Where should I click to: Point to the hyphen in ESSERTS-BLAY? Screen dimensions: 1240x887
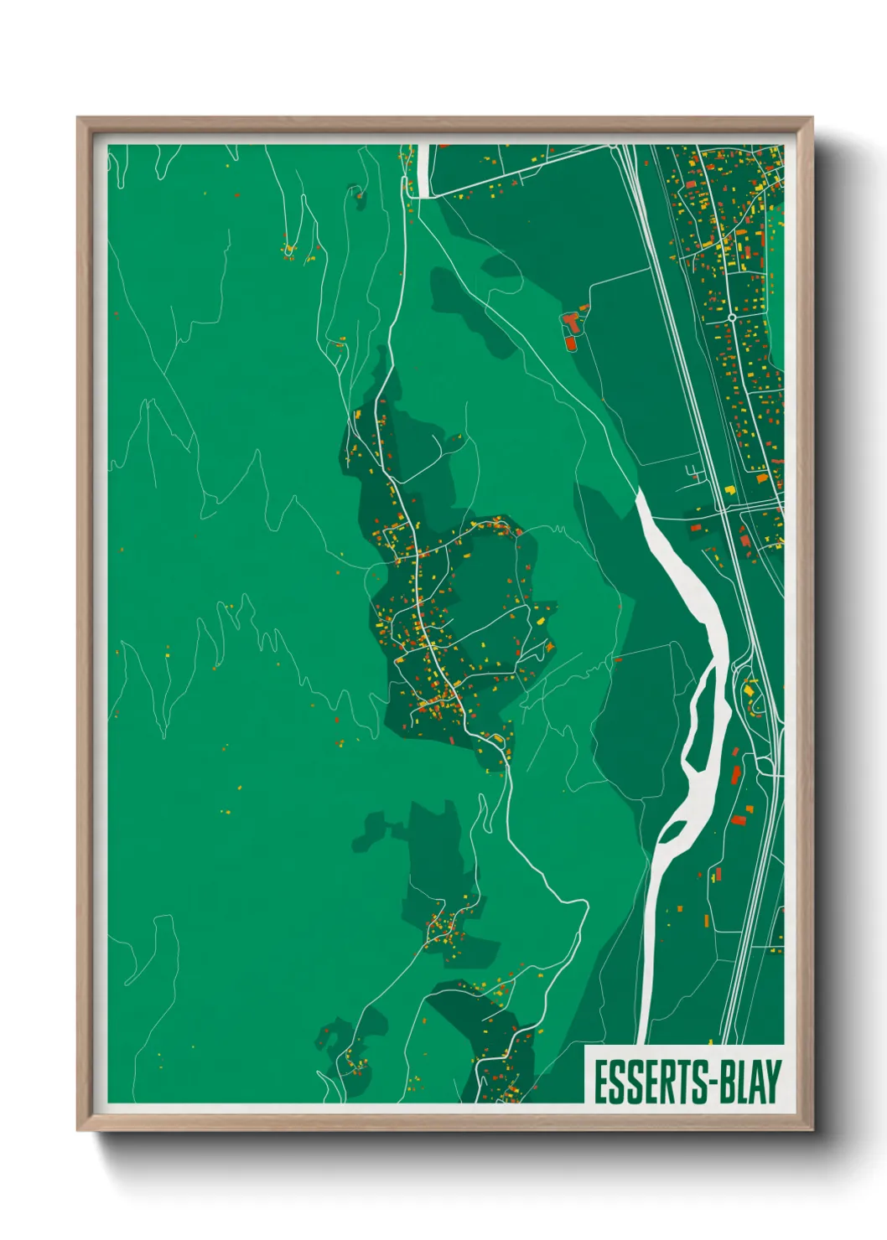click(x=712, y=1082)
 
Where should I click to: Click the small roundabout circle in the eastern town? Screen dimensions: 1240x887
click(x=732, y=318)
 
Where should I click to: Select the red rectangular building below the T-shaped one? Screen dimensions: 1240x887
click(x=571, y=342)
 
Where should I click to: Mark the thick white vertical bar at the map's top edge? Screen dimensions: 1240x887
click(x=423, y=171)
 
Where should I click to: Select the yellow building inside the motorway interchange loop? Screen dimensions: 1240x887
click(x=749, y=690)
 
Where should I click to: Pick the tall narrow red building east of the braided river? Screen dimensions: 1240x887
click(x=736, y=775)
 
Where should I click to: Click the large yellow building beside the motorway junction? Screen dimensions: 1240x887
click(x=729, y=488)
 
